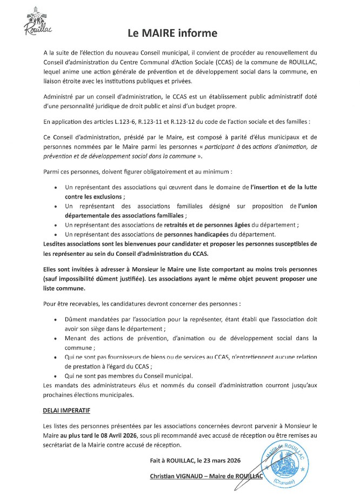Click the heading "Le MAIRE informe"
point(172,34)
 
